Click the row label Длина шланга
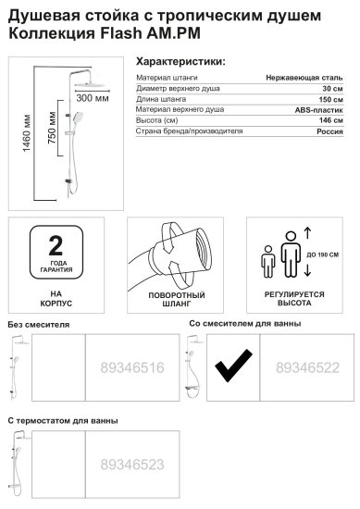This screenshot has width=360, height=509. [x=159, y=100]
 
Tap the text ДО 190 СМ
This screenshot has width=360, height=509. [x=326, y=254]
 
